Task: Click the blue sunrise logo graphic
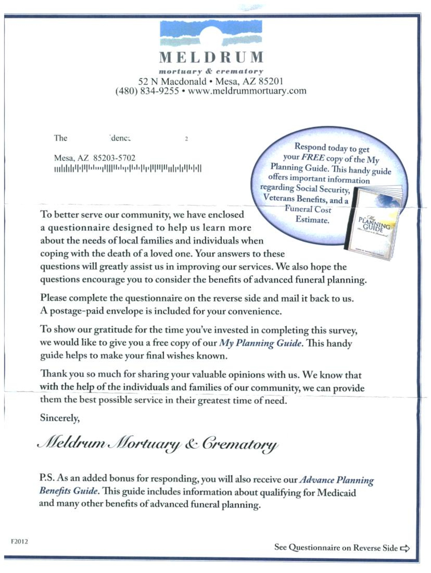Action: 211,33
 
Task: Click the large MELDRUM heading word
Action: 211,57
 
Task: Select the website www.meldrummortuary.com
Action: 247,91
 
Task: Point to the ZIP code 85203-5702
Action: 114,158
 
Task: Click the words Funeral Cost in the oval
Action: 308,209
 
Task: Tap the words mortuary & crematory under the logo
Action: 211,71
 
